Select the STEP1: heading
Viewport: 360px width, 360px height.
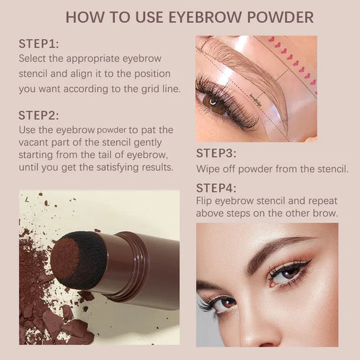pos(38,44)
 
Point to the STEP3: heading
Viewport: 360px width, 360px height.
pos(216,153)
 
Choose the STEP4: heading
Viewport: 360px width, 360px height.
pos(217,188)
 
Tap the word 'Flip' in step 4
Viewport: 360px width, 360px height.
pos(206,201)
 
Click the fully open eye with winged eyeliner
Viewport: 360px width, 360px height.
pos(287,272)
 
